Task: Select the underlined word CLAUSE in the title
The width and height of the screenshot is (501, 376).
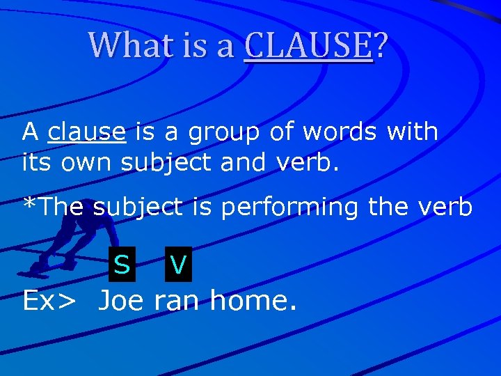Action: coord(308,46)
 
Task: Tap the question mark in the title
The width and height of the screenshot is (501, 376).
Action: coord(381,46)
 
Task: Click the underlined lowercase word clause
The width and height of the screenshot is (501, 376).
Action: coord(87,131)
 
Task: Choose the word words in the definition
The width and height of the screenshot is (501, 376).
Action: coord(322,131)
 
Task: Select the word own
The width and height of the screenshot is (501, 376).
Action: coord(88,163)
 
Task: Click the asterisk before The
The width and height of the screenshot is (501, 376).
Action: coord(29,204)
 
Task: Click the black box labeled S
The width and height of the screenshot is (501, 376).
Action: coord(122,265)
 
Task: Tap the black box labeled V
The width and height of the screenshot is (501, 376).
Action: coord(178,265)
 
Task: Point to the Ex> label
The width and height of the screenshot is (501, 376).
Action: coord(49,301)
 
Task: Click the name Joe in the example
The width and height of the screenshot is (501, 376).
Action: coord(121,301)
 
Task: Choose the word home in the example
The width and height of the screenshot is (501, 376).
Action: coord(253,301)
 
